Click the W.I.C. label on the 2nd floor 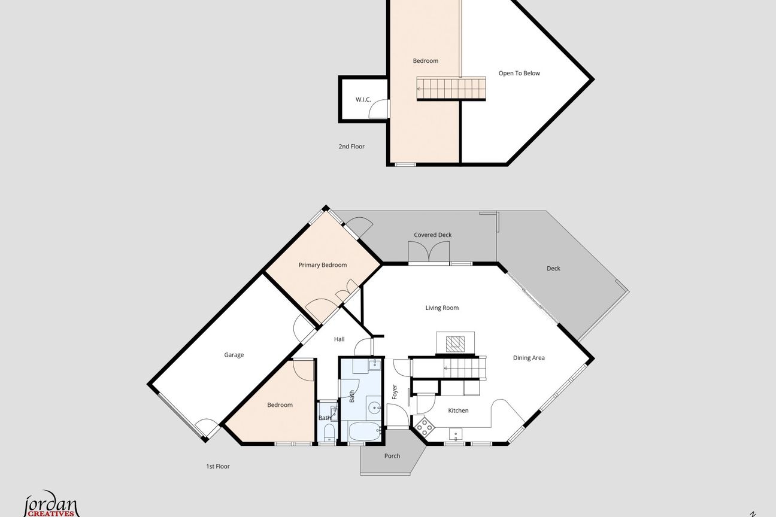[x=363, y=100]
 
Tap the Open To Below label [x=519, y=74]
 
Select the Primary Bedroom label [x=323, y=265]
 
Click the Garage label [x=234, y=355]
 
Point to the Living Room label [x=442, y=308]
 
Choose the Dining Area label [x=529, y=358]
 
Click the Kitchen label [x=458, y=410]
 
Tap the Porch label [x=392, y=456]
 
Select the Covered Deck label [x=433, y=235]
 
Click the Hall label [x=339, y=339]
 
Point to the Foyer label [x=394, y=392]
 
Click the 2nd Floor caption [x=351, y=147]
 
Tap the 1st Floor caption [x=218, y=467]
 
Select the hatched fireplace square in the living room [x=455, y=344]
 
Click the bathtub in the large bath [x=365, y=431]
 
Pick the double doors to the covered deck [x=429, y=252]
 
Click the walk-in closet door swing [x=378, y=109]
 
